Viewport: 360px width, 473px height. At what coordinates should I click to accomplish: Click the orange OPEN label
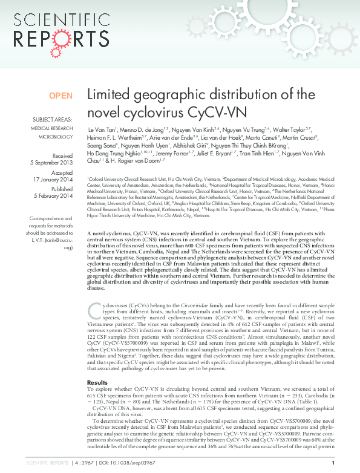click(x=61, y=96)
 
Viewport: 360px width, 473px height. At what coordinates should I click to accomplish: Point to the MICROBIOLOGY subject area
click(x=55, y=137)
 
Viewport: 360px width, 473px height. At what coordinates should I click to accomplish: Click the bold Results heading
click(x=97, y=365)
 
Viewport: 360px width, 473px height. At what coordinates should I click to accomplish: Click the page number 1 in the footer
click(x=333, y=463)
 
